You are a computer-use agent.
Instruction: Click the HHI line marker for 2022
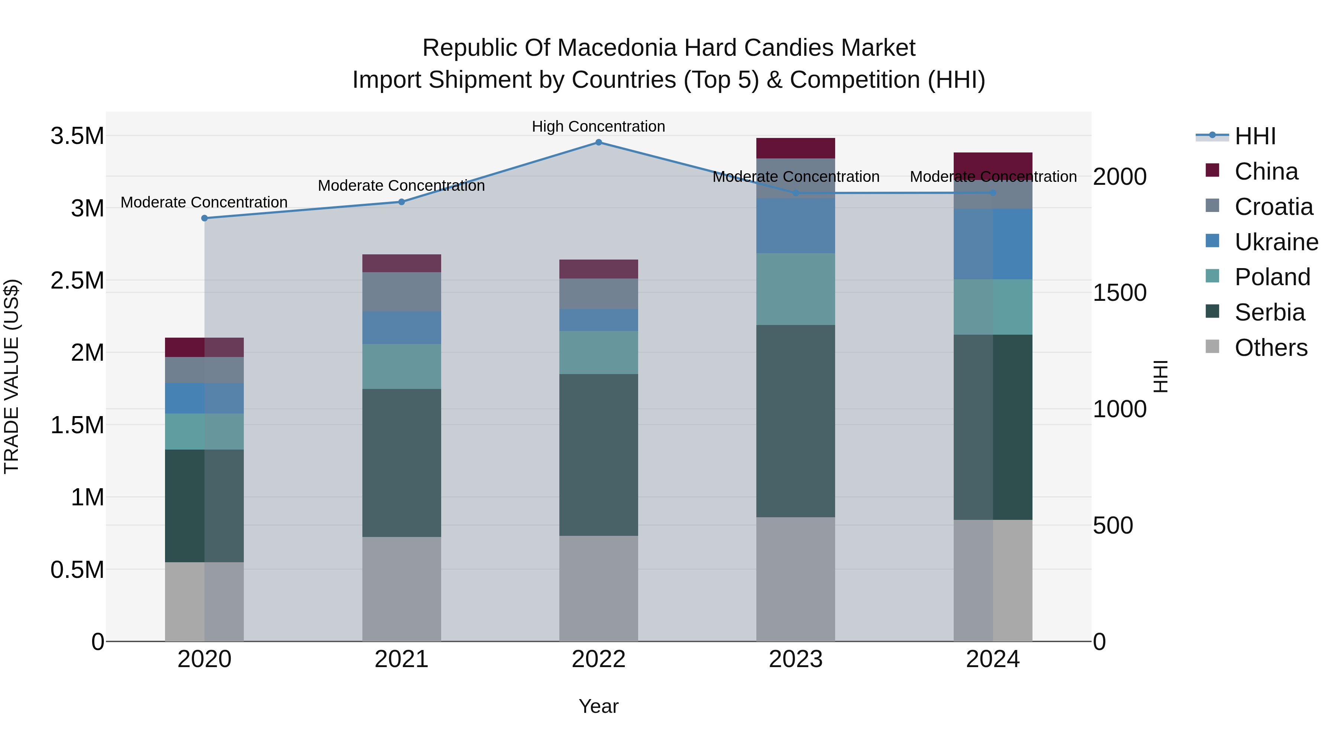[x=598, y=142]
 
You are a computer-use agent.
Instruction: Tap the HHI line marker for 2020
[x=205, y=218]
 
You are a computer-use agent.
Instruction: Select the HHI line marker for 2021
[x=401, y=202]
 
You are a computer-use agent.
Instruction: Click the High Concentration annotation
[x=598, y=126]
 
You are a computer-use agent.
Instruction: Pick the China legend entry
[x=1266, y=171]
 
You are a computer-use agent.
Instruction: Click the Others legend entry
[x=1270, y=348]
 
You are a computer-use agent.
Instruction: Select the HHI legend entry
[x=1255, y=136]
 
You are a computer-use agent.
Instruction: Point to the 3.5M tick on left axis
[x=77, y=136]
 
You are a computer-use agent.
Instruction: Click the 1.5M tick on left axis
[x=77, y=425]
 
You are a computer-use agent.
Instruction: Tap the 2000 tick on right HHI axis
[x=1120, y=177]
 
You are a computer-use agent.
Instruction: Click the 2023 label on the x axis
[x=795, y=659]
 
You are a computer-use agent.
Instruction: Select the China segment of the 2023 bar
[x=795, y=148]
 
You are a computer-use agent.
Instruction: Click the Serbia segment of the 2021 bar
[x=401, y=463]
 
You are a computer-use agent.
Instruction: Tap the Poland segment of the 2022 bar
[x=598, y=353]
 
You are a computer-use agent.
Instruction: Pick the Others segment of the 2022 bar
[x=598, y=588]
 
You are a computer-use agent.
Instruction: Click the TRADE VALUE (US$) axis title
[x=12, y=376]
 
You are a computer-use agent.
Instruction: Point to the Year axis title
[x=598, y=706]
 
